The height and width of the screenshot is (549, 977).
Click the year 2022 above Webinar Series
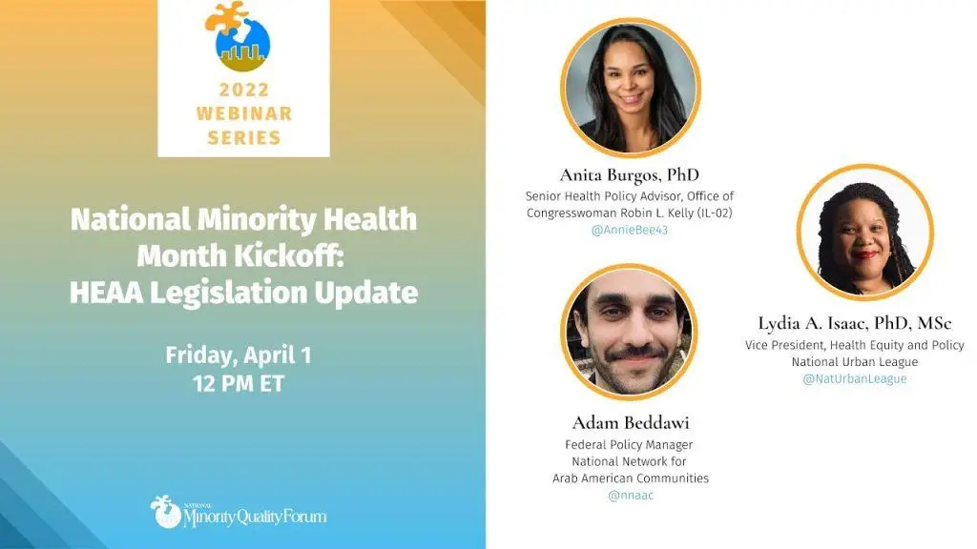tap(243, 90)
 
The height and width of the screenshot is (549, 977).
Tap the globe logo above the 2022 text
tap(239, 36)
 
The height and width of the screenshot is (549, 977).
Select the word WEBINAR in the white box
tap(243, 113)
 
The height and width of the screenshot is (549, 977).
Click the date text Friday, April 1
tap(238, 355)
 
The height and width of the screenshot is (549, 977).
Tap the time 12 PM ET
tap(238, 383)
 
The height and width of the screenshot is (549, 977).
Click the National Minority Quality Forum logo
tap(238, 512)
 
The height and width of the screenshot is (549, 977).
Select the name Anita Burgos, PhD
tap(630, 175)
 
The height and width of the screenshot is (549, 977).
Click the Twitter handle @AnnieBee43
tap(630, 230)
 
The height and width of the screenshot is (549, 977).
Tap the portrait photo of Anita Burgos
tap(630, 87)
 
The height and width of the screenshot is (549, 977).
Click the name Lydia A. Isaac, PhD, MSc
tap(854, 323)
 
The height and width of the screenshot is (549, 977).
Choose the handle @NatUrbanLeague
tap(854, 378)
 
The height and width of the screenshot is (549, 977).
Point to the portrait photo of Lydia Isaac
tap(864, 233)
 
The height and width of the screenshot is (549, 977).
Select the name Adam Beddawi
tap(631, 422)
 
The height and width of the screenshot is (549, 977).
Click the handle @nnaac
tap(631, 496)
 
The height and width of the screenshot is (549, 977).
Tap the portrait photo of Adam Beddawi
tap(629, 332)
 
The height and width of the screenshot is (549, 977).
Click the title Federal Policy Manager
tap(629, 444)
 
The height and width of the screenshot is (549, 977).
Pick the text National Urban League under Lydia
tap(854, 361)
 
